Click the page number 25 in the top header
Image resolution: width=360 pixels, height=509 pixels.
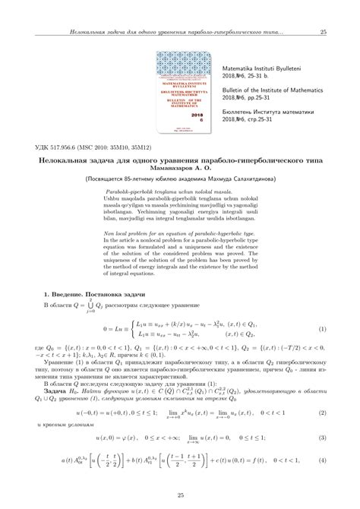click(x=323, y=32)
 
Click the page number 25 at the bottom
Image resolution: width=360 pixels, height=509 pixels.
click(x=180, y=496)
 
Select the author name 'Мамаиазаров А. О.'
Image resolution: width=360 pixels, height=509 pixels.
click(x=180, y=171)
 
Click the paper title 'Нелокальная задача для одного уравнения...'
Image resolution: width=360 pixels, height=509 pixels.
click(x=180, y=161)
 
